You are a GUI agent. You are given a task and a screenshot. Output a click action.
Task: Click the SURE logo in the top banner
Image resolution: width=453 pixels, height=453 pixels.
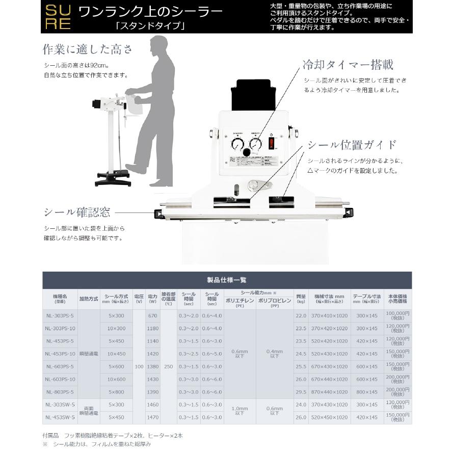tap(58, 17)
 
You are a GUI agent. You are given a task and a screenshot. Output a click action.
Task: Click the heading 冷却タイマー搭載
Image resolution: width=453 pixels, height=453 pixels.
tap(348, 65)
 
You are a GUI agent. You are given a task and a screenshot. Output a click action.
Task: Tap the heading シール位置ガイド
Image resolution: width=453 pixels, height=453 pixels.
tap(352, 145)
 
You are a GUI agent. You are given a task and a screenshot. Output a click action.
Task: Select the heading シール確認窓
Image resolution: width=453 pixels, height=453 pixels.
tap(77, 212)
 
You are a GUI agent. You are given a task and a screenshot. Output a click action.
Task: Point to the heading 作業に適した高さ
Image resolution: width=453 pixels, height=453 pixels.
tap(87, 49)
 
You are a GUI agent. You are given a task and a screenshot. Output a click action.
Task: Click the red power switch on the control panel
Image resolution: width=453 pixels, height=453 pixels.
tap(271, 142)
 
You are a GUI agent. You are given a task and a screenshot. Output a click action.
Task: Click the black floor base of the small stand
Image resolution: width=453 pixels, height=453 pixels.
tap(113, 179)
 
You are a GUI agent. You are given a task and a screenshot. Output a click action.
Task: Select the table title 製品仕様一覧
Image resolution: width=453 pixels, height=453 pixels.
tap(227, 280)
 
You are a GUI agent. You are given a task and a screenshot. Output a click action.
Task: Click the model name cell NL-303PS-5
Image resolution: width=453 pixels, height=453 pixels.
tap(60, 316)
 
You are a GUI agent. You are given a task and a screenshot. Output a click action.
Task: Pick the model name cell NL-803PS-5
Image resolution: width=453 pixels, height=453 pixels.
tap(60, 392)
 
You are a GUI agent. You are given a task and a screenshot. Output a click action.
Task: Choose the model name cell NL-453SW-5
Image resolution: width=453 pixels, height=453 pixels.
tap(60, 417)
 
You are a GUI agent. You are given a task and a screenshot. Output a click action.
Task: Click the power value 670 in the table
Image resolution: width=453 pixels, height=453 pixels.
tap(152, 316)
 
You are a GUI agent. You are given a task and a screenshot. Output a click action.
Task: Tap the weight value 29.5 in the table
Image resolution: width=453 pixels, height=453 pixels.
tap(301, 392)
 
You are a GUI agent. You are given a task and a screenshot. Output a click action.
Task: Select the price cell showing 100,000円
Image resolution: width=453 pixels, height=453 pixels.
tap(397, 316)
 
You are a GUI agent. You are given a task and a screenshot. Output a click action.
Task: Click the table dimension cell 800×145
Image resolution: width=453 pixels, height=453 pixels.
tap(367, 392)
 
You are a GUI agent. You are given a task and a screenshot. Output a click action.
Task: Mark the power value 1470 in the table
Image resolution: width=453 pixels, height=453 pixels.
tap(152, 417)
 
